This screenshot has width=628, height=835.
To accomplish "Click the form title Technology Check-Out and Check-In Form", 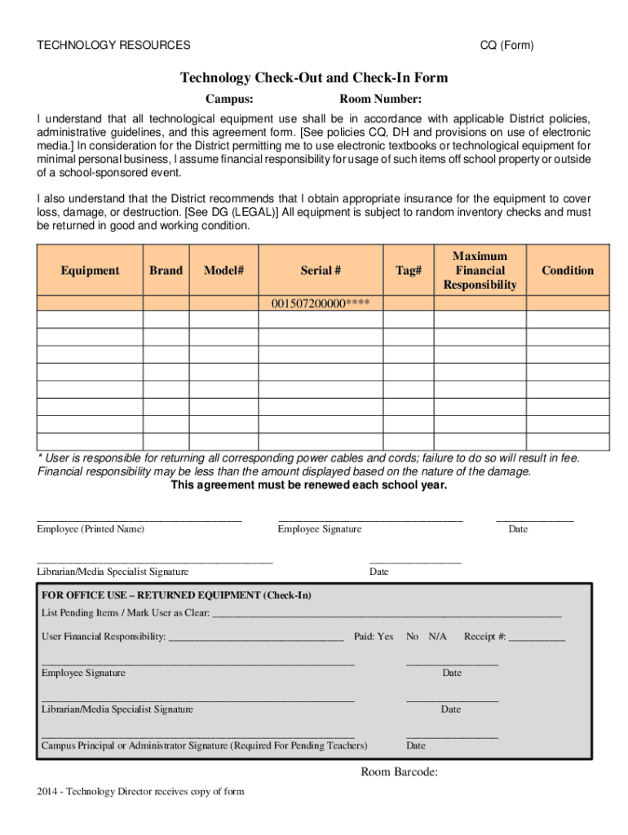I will click(x=314, y=78).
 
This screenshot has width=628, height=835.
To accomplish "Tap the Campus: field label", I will click(x=228, y=99).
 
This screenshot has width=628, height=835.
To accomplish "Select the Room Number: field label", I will click(x=381, y=99).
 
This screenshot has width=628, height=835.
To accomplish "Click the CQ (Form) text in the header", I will click(x=506, y=46).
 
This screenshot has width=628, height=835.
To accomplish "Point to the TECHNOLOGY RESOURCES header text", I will click(x=114, y=46).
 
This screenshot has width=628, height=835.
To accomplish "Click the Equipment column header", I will click(x=90, y=271).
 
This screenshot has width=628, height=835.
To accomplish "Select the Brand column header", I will click(x=166, y=271).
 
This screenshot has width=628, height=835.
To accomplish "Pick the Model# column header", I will click(x=224, y=271).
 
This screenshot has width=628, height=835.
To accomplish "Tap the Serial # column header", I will click(x=321, y=271).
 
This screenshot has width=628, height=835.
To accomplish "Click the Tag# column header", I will click(x=409, y=271).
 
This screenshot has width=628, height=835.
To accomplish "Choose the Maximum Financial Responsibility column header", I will click(x=480, y=271).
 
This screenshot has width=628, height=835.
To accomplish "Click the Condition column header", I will click(x=568, y=271).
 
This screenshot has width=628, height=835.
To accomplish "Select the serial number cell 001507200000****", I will click(x=321, y=304).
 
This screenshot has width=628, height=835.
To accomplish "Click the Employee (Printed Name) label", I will click(x=91, y=529).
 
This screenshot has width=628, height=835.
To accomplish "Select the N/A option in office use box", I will click(x=438, y=636).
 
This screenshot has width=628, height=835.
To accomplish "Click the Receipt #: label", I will click(x=485, y=636).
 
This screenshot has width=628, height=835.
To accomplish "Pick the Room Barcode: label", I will click(x=400, y=772).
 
